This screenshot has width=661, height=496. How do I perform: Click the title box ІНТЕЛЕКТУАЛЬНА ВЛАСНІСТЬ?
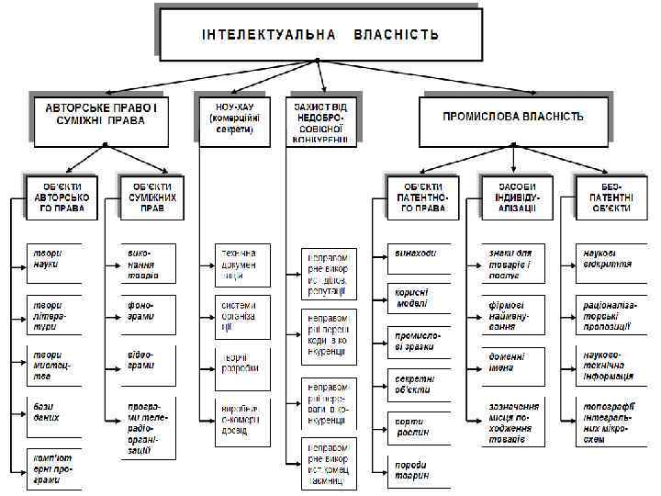coord(319,35)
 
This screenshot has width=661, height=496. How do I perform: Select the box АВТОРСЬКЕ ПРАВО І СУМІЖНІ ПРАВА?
coord(102,118)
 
